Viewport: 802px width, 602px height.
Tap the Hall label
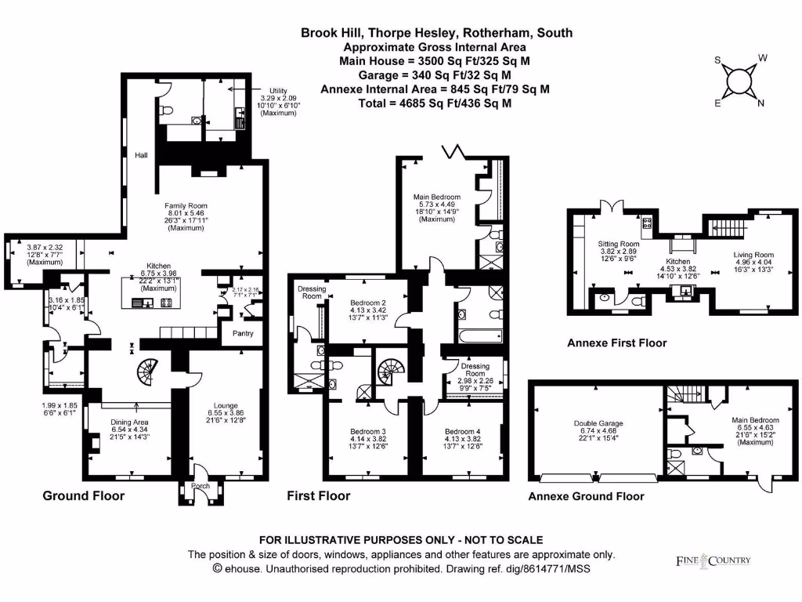[x=142, y=155]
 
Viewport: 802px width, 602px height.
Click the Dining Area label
[x=130, y=422]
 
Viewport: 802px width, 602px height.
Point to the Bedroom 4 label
[x=462, y=431]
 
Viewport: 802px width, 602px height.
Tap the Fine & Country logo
[x=713, y=560]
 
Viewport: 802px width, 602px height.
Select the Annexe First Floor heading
[x=616, y=343]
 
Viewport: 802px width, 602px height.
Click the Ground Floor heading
[x=83, y=495]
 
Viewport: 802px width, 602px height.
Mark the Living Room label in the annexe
[x=753, y=255]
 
